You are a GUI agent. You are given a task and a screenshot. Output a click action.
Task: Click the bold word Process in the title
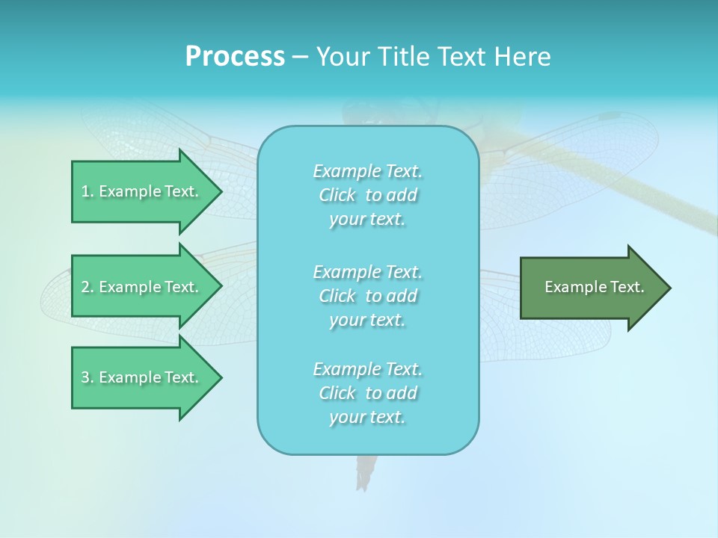pyautogui.click(x=235, y=57)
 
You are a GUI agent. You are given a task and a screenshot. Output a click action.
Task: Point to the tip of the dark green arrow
pyautogui.click(x=669, y=288)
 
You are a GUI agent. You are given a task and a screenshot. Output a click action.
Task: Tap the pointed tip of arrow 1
pyautogui.click(x=220, y=191)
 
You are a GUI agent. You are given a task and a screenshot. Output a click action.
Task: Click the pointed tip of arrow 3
pyautogui.click(x=220, y=377)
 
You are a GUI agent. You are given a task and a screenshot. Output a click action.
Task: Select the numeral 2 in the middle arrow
pyautogui.click(x=85, y=287)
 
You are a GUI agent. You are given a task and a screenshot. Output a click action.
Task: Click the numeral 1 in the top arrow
pyautogui.click(x=85, y=191)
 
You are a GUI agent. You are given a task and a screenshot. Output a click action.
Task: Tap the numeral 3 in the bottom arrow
pyautogui.click(x=85, y=377)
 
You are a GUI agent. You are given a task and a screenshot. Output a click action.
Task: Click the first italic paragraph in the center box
pyautogui.click(x=367, y=195)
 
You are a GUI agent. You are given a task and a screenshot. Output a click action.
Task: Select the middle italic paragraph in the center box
pyautogui.click(x=367, y=296)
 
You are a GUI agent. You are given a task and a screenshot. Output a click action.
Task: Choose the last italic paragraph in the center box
pyautogui.click(x=367, y=393)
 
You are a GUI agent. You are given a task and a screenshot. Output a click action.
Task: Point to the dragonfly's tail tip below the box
pyautogui.click(x=365, y=482)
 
